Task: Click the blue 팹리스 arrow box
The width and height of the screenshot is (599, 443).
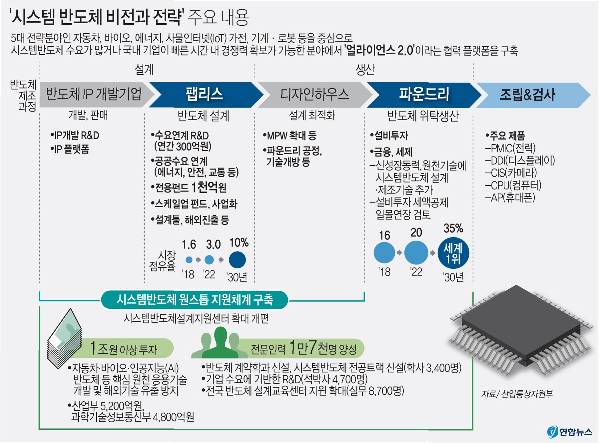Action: [204, 95]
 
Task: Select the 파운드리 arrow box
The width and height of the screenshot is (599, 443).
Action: [424, 95]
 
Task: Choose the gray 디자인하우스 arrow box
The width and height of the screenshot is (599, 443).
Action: [314, 95]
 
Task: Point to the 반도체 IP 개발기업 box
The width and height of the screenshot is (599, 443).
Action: [94, 95]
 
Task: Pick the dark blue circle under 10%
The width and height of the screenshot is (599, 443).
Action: [237, 260]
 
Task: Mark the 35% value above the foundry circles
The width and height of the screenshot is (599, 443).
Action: [453, 228]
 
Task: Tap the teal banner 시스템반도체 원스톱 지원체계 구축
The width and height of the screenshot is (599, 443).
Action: [195, 300]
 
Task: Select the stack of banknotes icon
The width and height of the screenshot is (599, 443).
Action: [65, 339]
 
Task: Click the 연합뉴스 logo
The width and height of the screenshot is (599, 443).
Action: [570, 432]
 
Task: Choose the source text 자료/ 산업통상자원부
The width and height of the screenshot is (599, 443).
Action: [517, 394]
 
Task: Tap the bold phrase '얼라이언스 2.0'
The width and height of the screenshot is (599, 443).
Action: [379, 50]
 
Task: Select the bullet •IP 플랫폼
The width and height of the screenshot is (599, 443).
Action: [70, 149]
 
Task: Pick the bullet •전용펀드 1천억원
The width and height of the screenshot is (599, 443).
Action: [189, 188]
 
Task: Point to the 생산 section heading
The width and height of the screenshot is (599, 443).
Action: [365, 69]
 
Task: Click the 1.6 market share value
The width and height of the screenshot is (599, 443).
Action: [189, 244]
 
